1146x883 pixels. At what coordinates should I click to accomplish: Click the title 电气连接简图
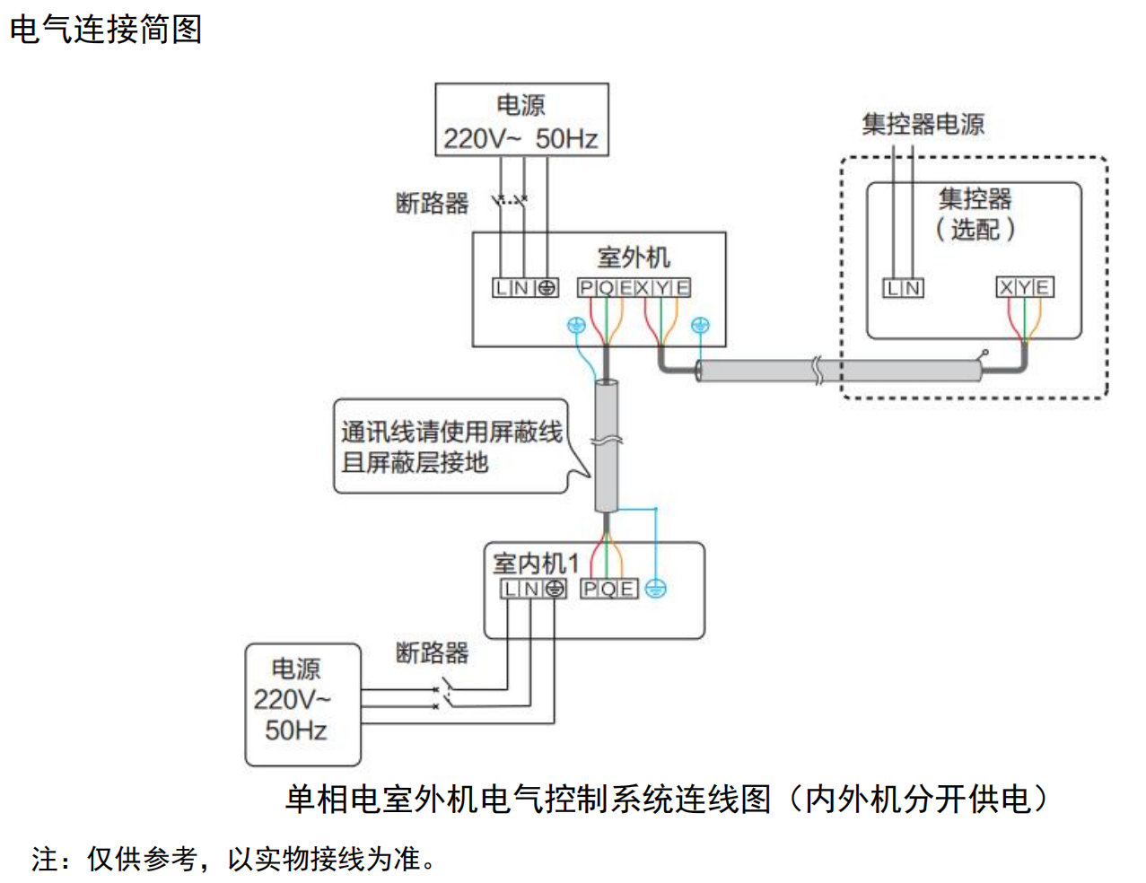coord(105,29)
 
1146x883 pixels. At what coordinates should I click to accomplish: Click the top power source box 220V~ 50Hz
coord(521,120)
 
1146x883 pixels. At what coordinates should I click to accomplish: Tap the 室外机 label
coord(633,258)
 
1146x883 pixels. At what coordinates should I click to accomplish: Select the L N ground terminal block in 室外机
coord(525,288)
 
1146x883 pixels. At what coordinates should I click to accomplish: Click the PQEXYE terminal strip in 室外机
coord(634,288)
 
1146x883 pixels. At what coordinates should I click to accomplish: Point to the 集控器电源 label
coord(923,124)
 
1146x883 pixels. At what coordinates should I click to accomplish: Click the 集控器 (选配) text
coord(975,214)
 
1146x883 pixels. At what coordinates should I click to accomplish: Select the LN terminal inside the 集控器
coord(903,288)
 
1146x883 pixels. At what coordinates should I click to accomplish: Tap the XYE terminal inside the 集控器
coord(1024,287)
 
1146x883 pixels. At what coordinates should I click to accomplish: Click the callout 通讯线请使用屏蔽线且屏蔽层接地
coord(451,446)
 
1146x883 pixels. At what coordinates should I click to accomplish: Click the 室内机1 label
coord(535,563)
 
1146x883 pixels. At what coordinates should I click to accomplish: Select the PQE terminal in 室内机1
coord(608,590)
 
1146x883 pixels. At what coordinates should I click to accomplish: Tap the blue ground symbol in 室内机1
coord(656,590)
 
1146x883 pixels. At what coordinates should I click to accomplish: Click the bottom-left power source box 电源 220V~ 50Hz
coord(302,704)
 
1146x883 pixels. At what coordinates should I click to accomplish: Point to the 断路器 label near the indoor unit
coord(432,652)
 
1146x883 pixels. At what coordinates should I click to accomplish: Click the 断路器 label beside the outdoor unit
coord(432,203)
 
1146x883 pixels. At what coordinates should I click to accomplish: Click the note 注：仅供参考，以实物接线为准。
coord(234,859)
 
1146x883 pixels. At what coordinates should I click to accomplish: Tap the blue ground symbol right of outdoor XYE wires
coord(700,326)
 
